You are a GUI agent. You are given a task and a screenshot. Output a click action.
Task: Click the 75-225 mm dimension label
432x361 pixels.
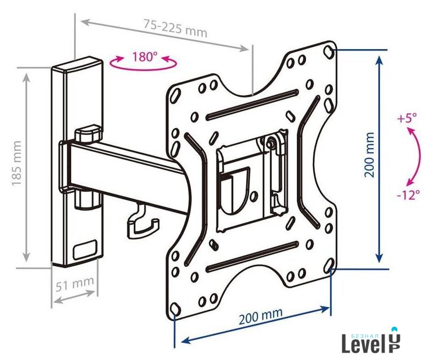175,28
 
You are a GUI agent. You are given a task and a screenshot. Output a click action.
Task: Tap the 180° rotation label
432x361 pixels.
145,56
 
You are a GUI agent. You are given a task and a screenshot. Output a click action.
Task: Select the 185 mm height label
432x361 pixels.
17,163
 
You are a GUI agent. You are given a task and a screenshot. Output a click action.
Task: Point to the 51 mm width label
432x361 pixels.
75,283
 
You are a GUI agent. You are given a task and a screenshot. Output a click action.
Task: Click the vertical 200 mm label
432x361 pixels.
369,155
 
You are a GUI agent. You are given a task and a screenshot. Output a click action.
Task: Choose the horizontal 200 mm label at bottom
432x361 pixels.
261,316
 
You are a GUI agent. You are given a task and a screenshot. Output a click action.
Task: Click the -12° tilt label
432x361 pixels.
409,195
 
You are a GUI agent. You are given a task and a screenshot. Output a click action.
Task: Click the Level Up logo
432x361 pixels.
371,340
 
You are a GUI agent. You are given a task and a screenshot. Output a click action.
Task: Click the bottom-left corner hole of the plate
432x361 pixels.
174,308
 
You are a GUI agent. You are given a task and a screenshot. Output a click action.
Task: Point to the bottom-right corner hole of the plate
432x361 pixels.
328,265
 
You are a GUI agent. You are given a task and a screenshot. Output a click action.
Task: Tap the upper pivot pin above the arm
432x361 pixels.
88,134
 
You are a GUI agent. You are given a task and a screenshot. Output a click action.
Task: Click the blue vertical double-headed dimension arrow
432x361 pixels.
379,159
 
